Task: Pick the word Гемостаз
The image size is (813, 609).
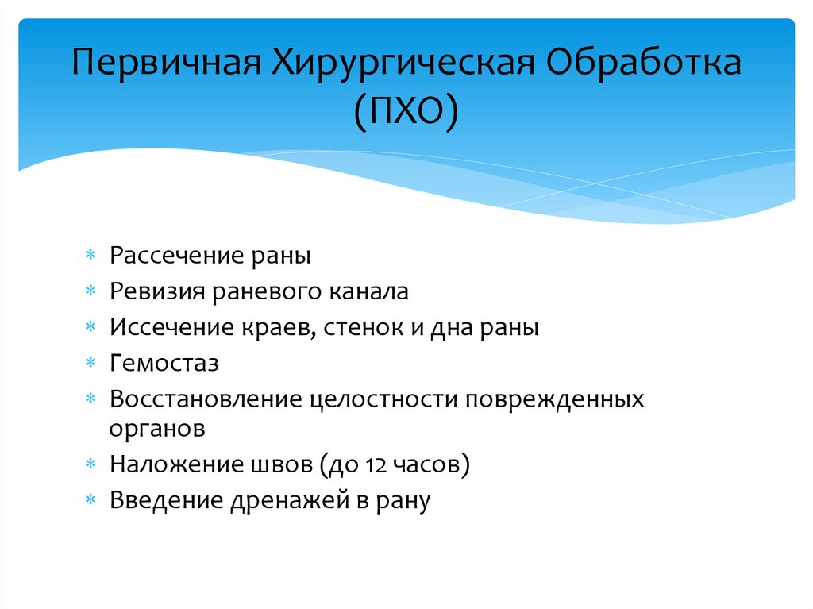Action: click(x=164, y=364)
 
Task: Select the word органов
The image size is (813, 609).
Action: click(x=158, y=428)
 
